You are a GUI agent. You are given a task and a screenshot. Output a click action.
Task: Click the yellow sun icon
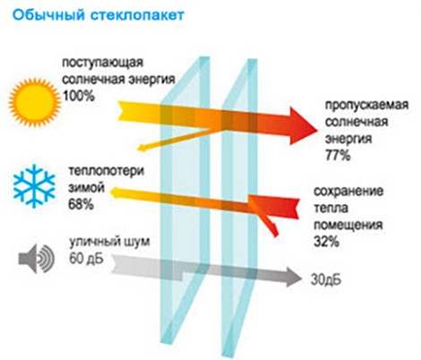35,103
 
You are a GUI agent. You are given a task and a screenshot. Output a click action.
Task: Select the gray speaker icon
37,259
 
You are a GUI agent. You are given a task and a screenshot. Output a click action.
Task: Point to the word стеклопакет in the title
137,15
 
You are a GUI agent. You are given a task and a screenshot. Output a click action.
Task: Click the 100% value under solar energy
79,96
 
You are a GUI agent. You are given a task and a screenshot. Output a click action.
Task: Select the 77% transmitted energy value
338,155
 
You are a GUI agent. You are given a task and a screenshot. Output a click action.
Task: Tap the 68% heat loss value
81,204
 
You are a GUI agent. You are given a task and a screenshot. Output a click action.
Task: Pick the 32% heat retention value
326,241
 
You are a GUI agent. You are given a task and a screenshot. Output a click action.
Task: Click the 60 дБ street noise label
86,258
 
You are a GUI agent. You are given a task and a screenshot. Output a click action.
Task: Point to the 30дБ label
326,280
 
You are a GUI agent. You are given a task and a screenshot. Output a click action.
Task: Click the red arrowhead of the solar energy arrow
303,126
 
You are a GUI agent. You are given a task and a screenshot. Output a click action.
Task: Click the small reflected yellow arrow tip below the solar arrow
142,147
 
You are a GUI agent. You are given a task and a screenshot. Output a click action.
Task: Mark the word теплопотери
107,171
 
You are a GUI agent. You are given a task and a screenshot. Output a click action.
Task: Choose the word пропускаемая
366,105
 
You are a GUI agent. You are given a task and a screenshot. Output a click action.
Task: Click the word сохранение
348,191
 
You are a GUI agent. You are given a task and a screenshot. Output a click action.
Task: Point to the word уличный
90,242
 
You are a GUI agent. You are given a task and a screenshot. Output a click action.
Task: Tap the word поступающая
102,63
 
